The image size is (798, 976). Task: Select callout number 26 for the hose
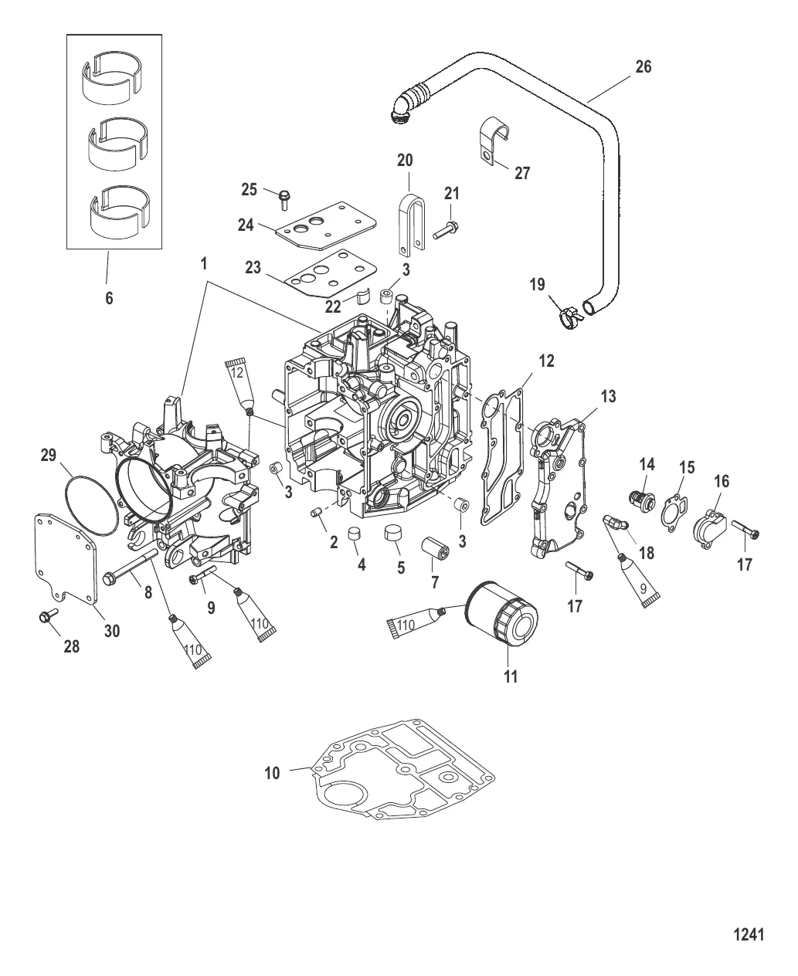click(643, 67)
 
